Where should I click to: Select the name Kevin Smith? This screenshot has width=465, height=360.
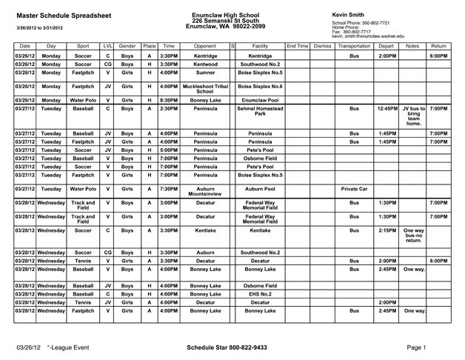[349, 14]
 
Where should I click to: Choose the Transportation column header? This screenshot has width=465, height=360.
[353, 46]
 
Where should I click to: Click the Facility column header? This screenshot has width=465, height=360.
[260, 46]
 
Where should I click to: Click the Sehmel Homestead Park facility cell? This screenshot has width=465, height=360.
[260, 111]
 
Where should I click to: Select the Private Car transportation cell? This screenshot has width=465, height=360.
[353, 189]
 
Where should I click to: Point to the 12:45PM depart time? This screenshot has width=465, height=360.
[387, 108]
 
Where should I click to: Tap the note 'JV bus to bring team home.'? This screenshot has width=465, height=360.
[413, 116]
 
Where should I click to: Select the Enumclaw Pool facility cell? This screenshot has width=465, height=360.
[260, 100]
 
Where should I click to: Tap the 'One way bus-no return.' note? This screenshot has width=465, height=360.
[413, 236]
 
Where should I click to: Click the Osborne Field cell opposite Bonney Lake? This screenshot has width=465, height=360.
[260, 284]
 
